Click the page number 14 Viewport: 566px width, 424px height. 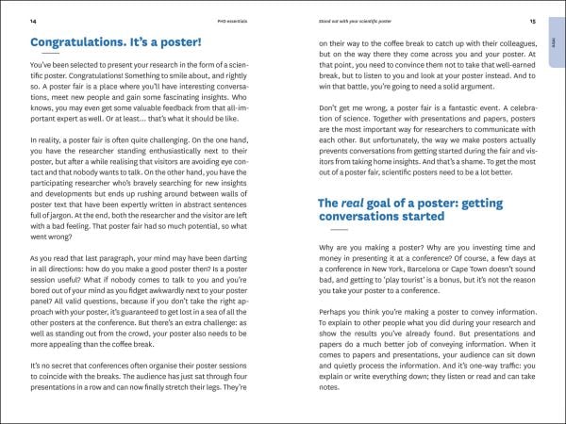[33, 21]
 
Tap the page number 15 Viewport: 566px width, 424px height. [532, 21]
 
